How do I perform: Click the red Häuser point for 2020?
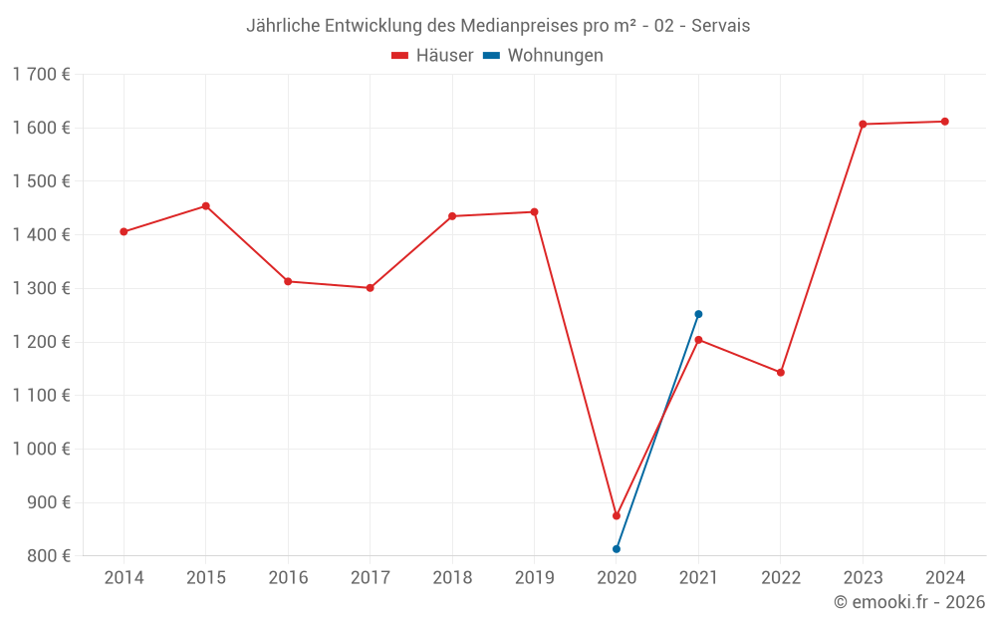tap(617, 515)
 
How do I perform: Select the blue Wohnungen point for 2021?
tap(698, 314)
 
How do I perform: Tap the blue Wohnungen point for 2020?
tap(617, 549)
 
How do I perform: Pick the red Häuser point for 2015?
tap(206, 206)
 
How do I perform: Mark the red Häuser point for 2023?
tap(863, 125)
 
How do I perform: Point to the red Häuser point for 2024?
tap(945, 122)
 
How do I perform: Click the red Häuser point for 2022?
tap(781, 373)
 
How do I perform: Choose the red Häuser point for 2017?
tap(371, 288)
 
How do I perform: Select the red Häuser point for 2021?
tap(698, 340)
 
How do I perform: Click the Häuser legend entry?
tap(432, 56)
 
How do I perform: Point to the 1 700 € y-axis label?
tap(41, 75)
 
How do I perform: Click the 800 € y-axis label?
tap(48, 556)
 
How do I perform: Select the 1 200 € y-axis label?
tap(41, 342)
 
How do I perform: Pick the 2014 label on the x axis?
tap(124, 578)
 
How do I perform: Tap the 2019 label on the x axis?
tap(534, 578)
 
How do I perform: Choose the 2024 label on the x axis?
tap(945, 578)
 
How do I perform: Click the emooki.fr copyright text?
tap(909, 602)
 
